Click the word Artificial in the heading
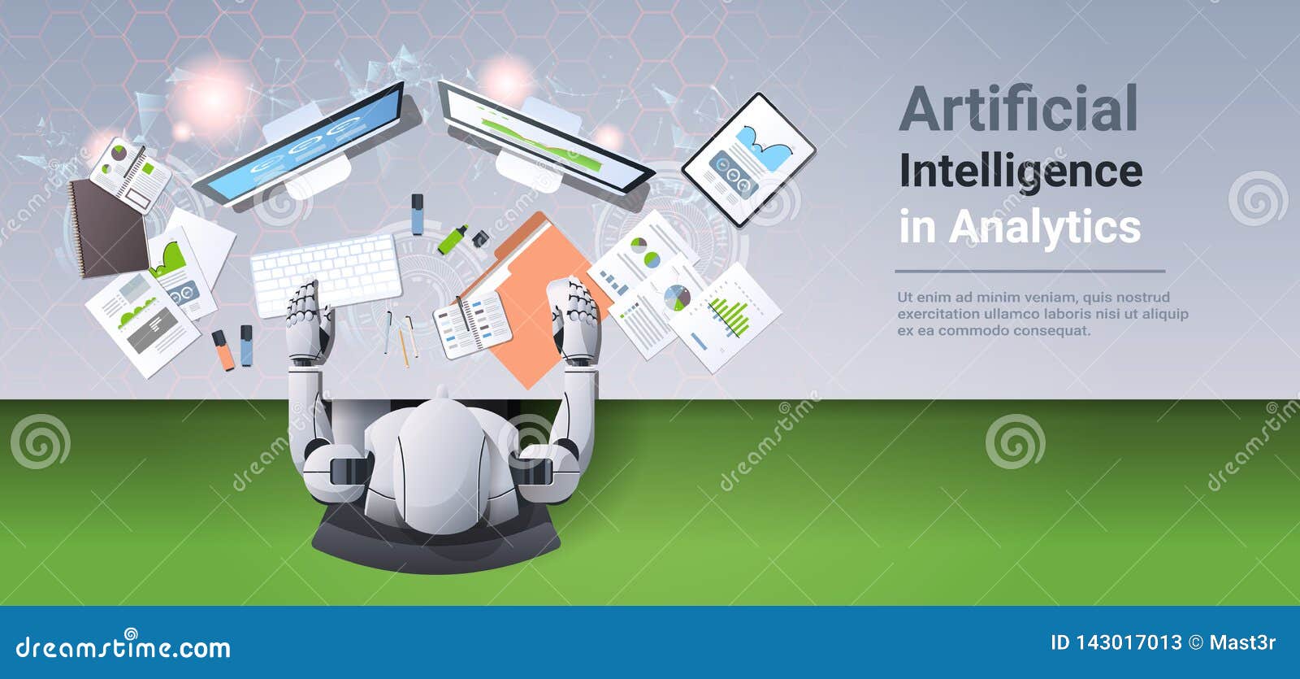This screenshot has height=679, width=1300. [x=1018, y=109]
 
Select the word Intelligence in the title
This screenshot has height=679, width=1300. [x=1020, y=172]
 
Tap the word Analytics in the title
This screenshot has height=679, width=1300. [x=1045, y=227]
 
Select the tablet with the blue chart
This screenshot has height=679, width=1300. [x=747, y=159]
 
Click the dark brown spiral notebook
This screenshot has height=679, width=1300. [x=106, y=228]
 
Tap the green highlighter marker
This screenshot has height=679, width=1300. [x=452, y=239]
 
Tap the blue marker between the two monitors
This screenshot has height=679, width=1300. [x=417, y=213]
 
